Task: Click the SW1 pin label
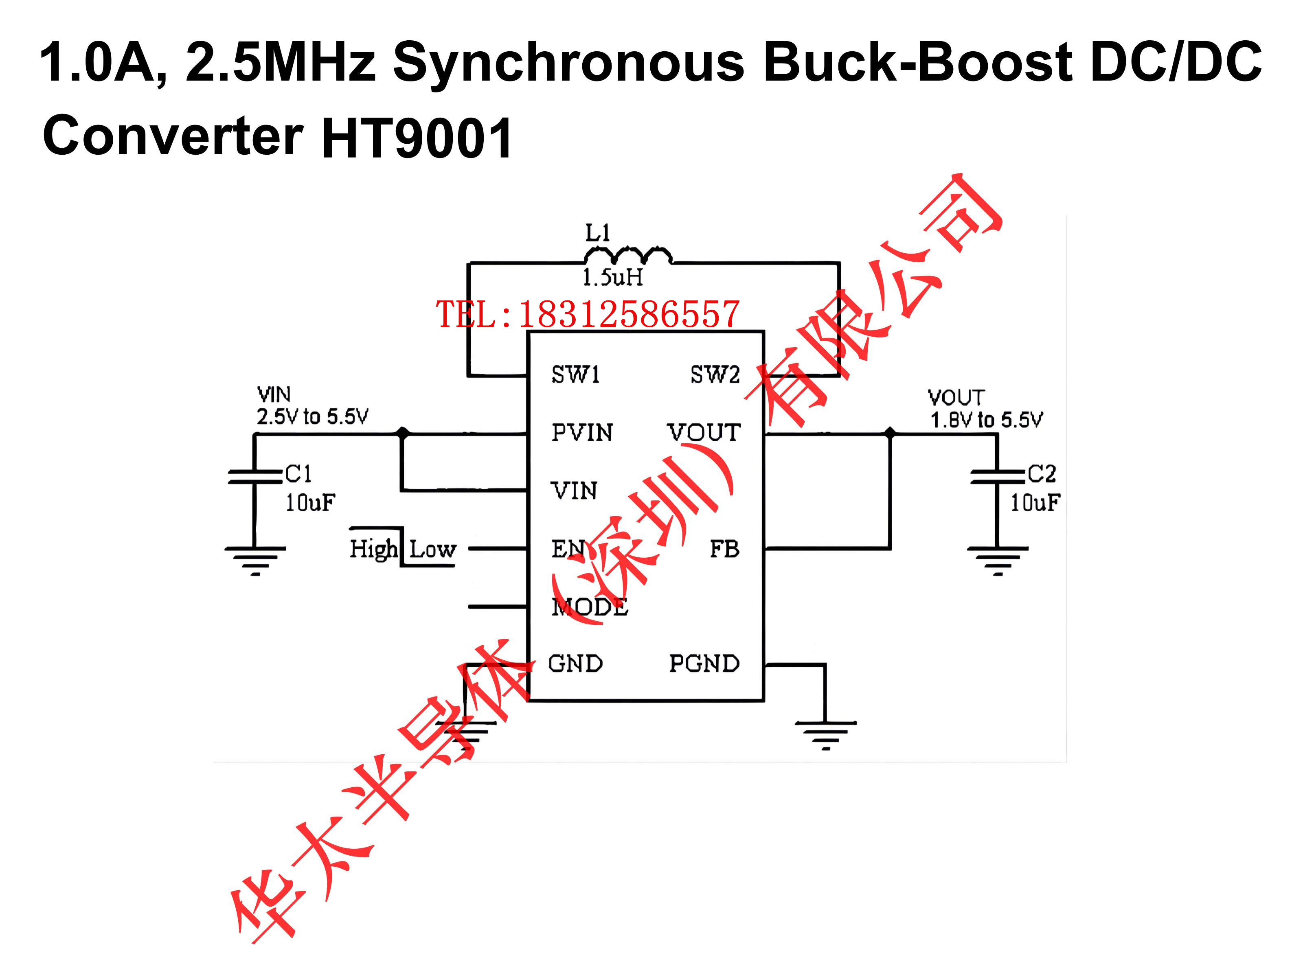pos(575,374)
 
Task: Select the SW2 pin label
pos(715,374)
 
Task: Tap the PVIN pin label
pos(582,432)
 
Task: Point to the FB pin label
pos(724,549)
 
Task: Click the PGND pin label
pos(704,664)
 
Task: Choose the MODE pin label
pos(590,607)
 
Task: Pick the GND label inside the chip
pos(575,664)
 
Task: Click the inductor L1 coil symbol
pos(628,255)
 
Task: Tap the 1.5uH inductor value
pos(613,277)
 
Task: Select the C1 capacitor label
pos(298,473)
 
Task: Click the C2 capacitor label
pos(1042,473)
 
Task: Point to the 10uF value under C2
pos(1035,503)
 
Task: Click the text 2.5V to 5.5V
pos(312,416)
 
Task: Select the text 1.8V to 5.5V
pos(986,420)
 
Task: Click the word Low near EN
pos(432,550)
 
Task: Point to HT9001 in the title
pos(417,137)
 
